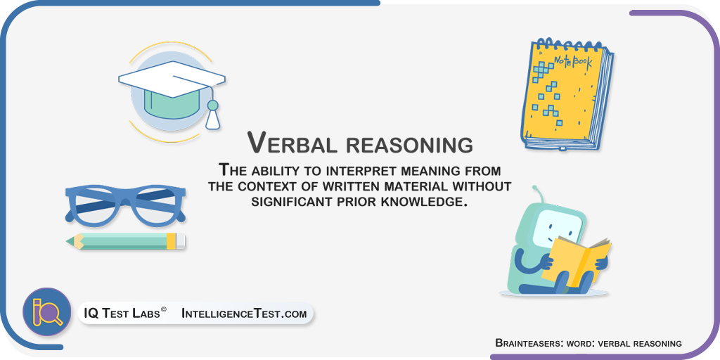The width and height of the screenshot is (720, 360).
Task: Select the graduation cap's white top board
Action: (172, 79)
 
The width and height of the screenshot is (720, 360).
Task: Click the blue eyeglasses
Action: (125, 205)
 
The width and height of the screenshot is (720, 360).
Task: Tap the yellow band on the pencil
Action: (171, 240)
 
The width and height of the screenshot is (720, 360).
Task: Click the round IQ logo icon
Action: (47, 312)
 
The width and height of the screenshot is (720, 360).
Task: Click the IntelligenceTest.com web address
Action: (244, 314)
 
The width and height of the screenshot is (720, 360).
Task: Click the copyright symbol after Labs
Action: (163, 309)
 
